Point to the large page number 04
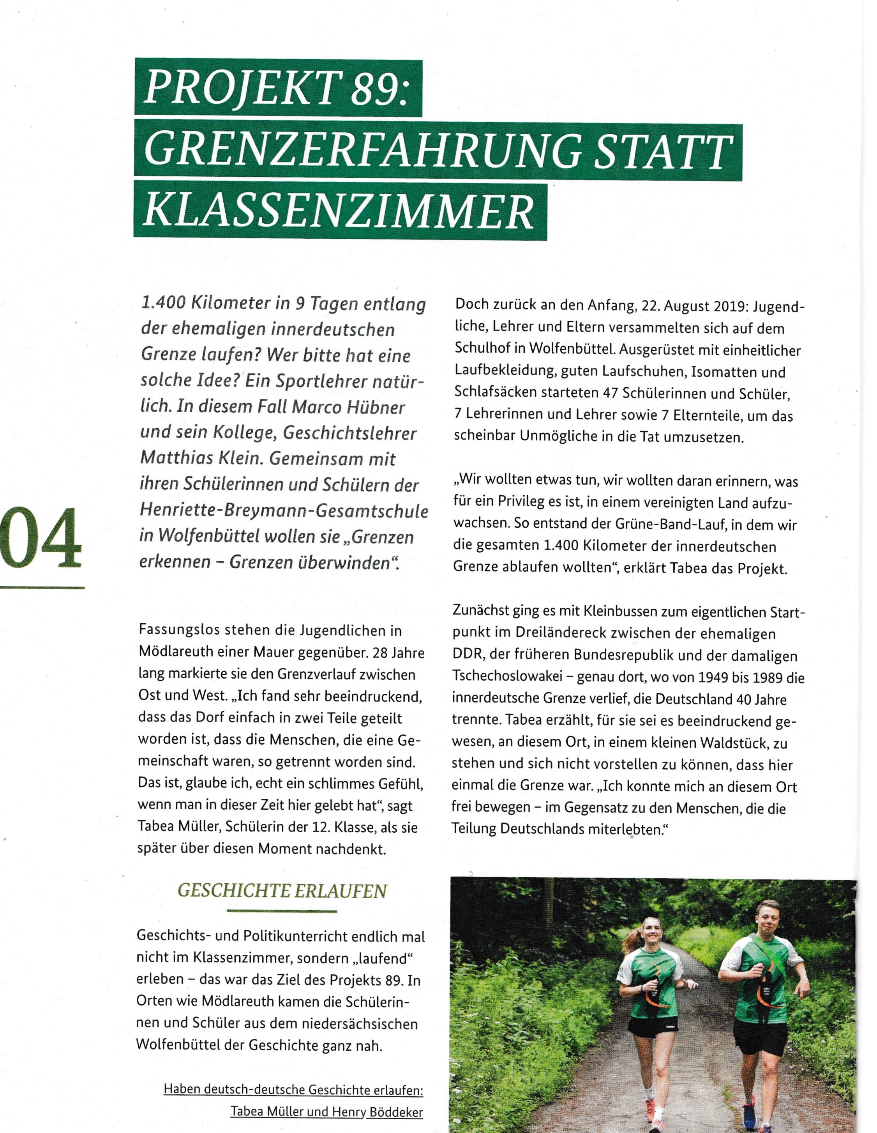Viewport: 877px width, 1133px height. (x=41, y=538)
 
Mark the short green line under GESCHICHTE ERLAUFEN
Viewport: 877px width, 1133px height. (x=282, y=911)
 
